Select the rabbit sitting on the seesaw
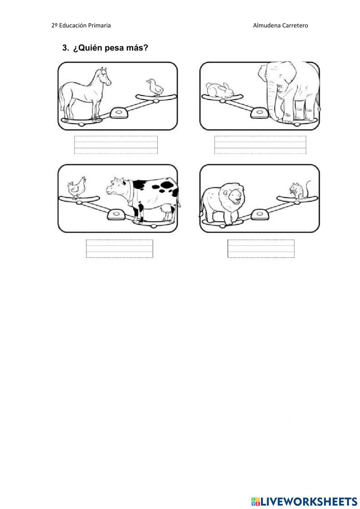[220, 90]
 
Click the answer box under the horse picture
[116, 145]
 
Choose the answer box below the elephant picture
[260, 145]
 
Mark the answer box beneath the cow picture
[120, 249]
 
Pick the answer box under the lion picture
[261, 249]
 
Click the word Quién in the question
[88, 48]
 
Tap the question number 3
[66, 48]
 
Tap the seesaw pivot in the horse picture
[119, 113]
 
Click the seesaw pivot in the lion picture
[260, 215]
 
